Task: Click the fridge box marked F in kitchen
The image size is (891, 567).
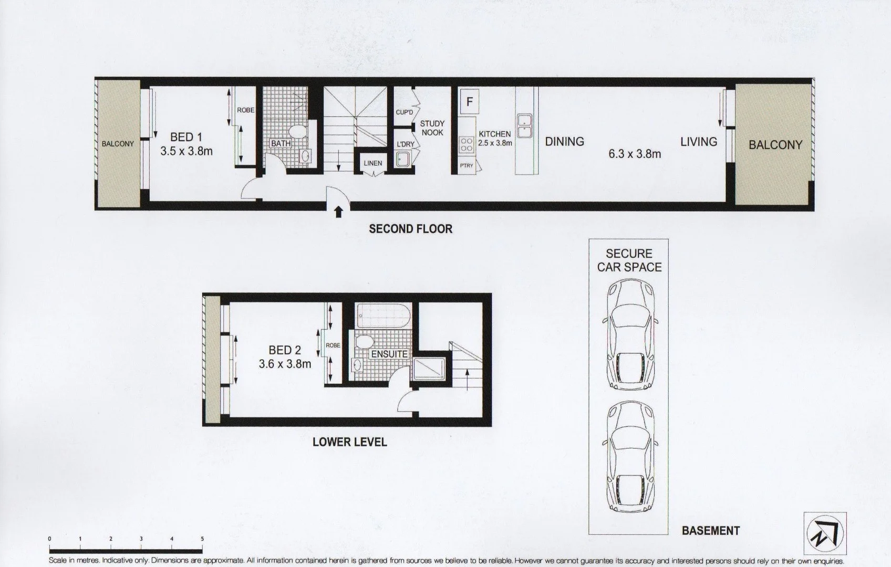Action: [469, 101]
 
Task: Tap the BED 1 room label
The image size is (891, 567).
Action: [186, 137]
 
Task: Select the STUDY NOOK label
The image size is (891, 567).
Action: [432, 128]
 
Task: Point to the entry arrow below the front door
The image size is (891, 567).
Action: [339, 212]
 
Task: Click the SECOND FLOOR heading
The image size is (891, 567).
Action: [410, 229]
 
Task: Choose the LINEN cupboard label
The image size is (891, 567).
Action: [372, 163]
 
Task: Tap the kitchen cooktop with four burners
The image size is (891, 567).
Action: [467, 145]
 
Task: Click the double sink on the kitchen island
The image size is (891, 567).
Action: [524, 126]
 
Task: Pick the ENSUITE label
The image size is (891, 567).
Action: [389, 354]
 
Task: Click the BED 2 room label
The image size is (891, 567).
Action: [284, 350]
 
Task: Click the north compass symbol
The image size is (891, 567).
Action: [825, 533]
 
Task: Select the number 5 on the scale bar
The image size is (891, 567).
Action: [202, 539]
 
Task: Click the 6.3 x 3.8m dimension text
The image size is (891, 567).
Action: [634, 154]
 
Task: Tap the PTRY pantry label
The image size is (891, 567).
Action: [466, 165]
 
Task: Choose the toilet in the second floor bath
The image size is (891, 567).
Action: [298, 132]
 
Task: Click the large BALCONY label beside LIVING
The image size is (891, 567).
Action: [775, 145]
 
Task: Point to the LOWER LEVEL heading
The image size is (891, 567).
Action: [349, 442]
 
